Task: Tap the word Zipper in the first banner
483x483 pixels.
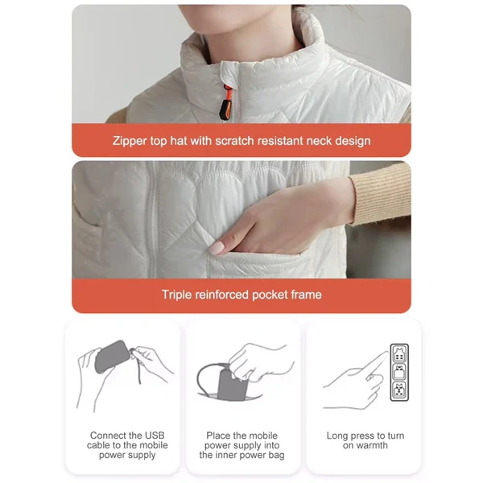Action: click(x=130, y=141)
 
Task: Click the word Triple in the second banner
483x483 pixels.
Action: click(x=176, y=295)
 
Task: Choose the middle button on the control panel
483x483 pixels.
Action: click(x=399, y=371)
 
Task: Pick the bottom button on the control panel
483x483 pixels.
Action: click(x=399, y=390)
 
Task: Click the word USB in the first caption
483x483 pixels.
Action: click(x=150, y=436)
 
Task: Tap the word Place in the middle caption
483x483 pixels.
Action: click(x=219, y=436)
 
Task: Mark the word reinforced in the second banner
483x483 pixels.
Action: click(x=225, y=295)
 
